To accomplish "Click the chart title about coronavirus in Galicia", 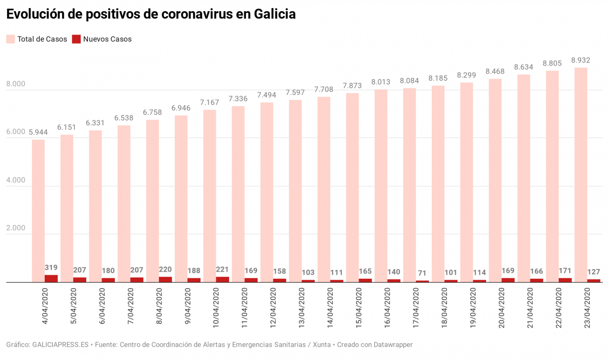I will [x=150, y=15].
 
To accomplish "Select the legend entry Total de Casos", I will [x=42, y=39].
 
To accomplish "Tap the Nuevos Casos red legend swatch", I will [x=76, y=39].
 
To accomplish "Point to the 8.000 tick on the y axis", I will [x=15, y=84].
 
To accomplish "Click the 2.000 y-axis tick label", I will [x=15, y=228].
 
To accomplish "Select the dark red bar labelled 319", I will [x=51, y=279].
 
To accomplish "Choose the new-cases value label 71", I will [x=422, y=273].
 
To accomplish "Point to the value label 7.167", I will [x=209, y=102].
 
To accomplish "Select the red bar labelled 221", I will [x=222, y=279].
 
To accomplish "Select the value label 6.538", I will [x=124, y=118].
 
